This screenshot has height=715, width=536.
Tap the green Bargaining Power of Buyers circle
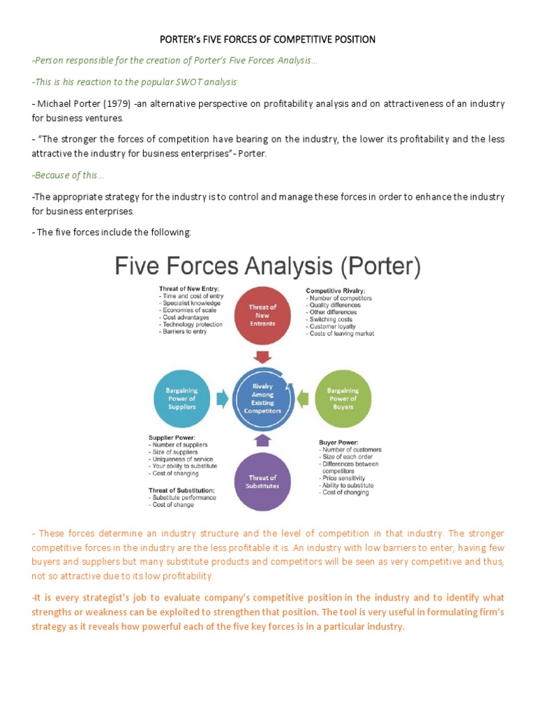point(343,399)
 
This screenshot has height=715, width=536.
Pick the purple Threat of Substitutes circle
point(263,482)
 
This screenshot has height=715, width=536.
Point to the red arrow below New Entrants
point(263,357)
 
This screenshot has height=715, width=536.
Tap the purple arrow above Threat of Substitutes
point(263,440)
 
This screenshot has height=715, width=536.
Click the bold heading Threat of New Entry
point(189,289)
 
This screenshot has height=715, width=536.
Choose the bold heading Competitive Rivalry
point(336,290)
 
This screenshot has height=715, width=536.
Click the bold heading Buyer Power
point(340,442)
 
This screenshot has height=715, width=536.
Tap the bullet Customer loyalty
point(332,326)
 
